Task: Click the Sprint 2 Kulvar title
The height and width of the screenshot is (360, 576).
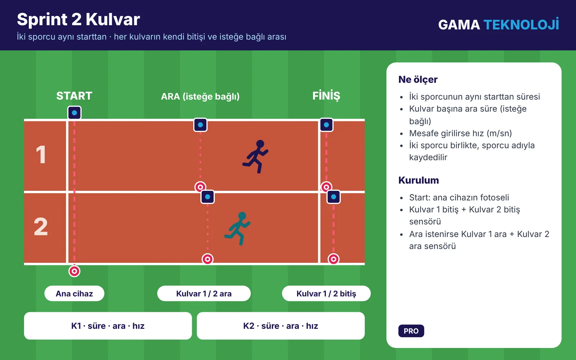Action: [78, 19]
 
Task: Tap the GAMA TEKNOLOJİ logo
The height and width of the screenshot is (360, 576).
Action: [499, 24]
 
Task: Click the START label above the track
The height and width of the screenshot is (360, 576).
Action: [74, 96]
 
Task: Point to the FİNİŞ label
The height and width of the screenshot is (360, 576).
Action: [326, 96]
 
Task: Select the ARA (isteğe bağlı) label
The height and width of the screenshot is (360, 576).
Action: [200, 96]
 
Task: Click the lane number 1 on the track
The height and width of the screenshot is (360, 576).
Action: [41, 154]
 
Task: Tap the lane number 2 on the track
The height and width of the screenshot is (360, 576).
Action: [41, 226]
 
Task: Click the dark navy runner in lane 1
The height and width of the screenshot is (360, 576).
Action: [256, 156]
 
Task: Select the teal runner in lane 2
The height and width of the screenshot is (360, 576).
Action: [238, 228]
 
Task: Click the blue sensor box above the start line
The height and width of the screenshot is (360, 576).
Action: [74, 113]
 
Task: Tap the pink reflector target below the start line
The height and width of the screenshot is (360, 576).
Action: [74, 271]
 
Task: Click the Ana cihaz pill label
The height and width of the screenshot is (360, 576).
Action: [74, 293]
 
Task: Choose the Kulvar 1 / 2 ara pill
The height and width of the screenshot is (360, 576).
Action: [204, 293]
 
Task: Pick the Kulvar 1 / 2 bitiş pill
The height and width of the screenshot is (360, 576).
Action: [326, 293]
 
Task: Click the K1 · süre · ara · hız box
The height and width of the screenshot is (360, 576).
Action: [108, 326]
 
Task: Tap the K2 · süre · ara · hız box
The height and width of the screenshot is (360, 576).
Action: [281, 326]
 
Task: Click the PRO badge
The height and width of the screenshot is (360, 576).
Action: [411, 331]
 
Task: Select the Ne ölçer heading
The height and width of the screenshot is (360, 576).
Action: [418, 80]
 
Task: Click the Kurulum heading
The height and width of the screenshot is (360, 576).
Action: [419, 180]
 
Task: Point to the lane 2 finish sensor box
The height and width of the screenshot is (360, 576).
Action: [333, 197]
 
